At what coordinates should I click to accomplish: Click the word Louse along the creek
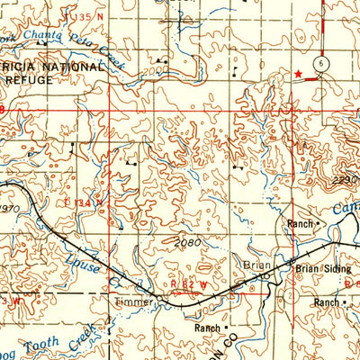83,261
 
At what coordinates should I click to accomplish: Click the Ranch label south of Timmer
208,328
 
